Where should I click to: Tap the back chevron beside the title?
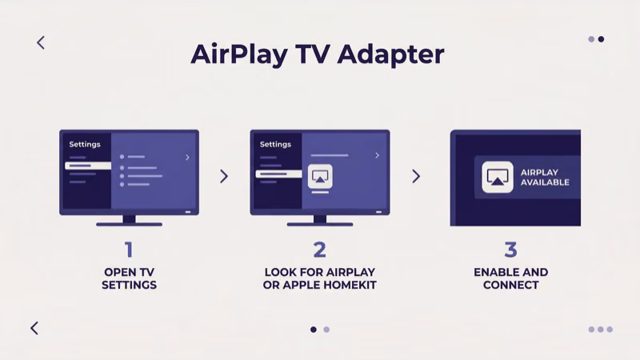tap(41, 42)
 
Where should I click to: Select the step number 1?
tap(129, 250)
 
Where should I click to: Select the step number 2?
tap(319, 250)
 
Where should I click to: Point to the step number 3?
tap(510, 250)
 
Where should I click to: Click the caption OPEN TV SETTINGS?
tap(129, 278)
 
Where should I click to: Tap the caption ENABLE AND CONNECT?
tap(510, 278)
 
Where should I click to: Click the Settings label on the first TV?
tap(85, 145)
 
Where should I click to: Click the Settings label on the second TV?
tap(275, 145)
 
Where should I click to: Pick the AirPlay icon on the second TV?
tap(320, 177)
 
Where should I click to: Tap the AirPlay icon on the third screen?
tap(498, 178)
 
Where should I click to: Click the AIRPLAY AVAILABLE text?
tap(545, 178)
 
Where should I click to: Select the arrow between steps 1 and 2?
tap(224, 176)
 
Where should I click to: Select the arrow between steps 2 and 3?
tap(416, 176)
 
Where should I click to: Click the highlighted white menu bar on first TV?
tap(88, 166)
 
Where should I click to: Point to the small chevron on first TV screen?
tap(187, 158)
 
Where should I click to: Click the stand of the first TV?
tap(129, 220)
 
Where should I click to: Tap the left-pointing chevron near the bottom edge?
tap(34, 328)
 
